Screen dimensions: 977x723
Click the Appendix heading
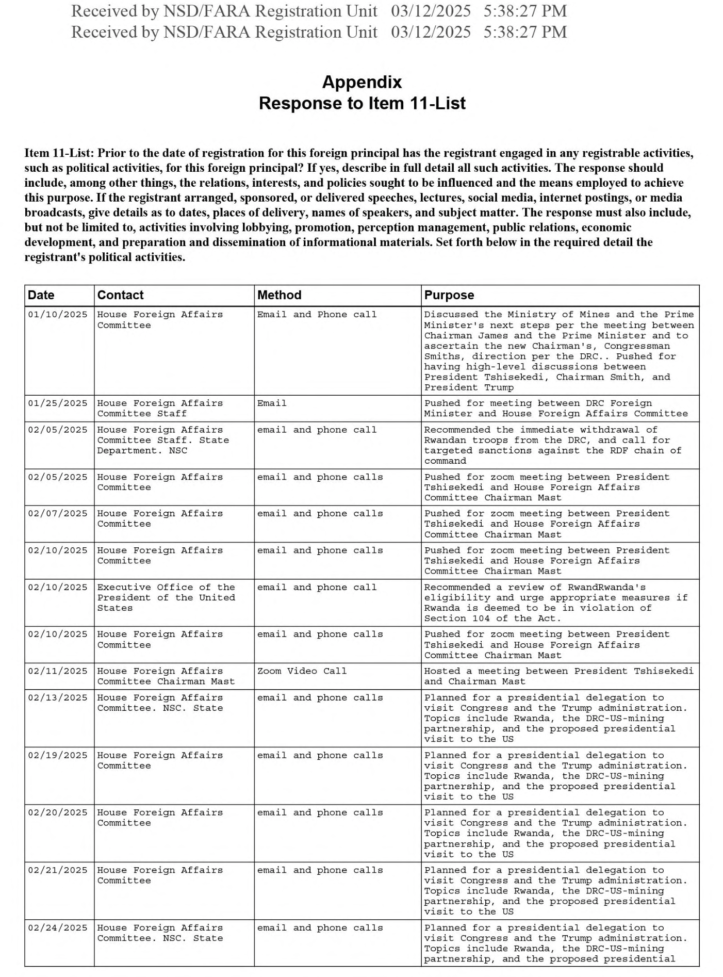tap(361, 82)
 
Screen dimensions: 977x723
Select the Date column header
tap(41, 295)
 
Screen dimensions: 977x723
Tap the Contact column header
tap(120, 295)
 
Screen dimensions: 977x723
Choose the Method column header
tap(279, 295)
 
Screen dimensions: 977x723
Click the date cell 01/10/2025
tap(58, 315)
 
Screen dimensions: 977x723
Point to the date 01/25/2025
tap(58, 403)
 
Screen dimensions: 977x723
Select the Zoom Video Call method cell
tap(302, 671)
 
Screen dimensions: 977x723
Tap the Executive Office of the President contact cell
tap(166, 597)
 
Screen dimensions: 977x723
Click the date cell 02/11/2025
tap(58, 671)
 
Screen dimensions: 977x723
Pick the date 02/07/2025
tap(58, 514)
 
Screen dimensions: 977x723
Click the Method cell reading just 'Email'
tap(272, 403)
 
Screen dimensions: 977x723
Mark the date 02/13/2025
tap(58, 698)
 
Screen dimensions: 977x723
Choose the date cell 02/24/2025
tap(58, 928)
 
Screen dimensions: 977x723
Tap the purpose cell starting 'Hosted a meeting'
tap(558, 676)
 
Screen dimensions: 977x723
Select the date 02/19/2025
tap(58, 756)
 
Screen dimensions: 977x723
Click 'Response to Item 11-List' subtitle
tap(361, 103)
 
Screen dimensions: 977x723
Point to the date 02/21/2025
tap(58, 871)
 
